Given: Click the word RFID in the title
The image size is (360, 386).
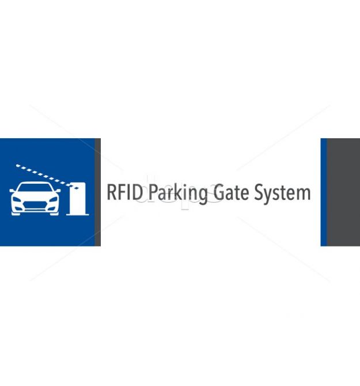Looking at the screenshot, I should click(123, 192).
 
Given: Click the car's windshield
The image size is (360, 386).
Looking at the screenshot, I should click(35, 190).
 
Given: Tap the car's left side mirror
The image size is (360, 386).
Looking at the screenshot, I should click(13, 191).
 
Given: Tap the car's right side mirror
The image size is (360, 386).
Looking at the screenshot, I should click(58, 191).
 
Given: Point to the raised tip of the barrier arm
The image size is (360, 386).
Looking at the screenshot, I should click(17, 165).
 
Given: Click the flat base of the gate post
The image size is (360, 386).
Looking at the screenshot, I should click(78, 214).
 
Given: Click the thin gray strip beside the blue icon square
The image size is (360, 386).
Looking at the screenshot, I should click(98, 192).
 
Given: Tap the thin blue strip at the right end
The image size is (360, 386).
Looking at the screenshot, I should click(323, 192).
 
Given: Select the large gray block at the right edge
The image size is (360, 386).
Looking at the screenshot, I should click(343, 192).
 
